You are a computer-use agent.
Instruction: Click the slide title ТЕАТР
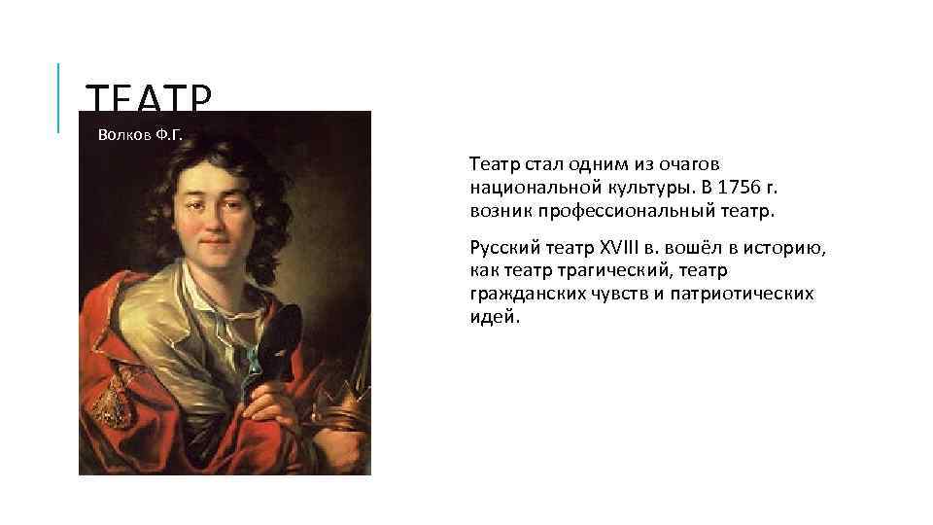click(148, 96)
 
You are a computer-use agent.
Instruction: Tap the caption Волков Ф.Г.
click(140, 134)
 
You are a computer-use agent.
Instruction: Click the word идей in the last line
click(492, 316)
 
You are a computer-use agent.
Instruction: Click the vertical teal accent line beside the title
click(58, 97)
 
